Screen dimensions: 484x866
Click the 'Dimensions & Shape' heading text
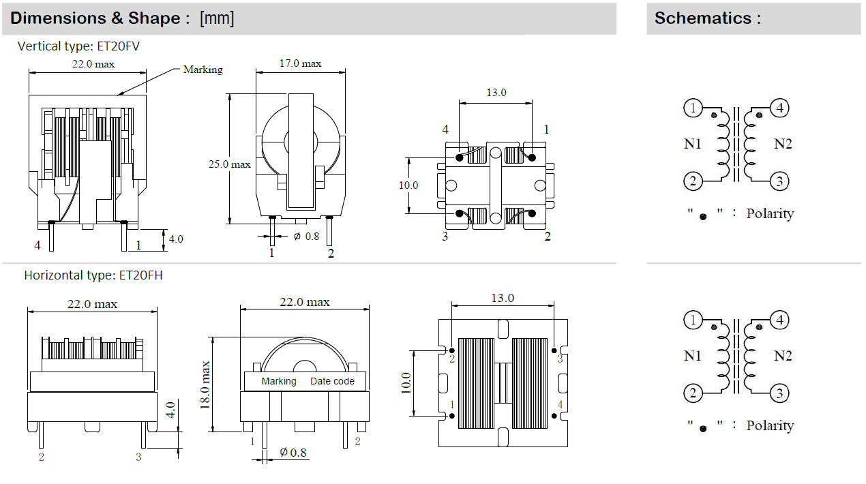(x=95, y=18)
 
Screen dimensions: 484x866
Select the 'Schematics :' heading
(x=707, y=18)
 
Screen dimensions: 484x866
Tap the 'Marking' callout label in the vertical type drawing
(x=203, y=70)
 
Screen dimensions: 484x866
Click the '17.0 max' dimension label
(x=301, y=63)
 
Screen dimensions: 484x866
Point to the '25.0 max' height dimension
(x=230, y=164)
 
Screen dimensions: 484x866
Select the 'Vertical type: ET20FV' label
(x=79, y=46)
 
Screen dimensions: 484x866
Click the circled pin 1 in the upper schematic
(x=693, y=108)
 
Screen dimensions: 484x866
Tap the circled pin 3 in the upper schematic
(x=779, y=181)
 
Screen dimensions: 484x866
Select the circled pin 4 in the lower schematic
(x=779, y=320)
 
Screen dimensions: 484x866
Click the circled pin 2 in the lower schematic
(x=693, y=393)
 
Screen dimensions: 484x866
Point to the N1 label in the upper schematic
(x=693, y=144)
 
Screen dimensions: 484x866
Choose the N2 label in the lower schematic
(x=783, y=356)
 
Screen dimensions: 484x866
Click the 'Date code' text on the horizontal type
(x=333, y=381)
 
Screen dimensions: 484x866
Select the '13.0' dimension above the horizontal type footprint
(x=503, y=298)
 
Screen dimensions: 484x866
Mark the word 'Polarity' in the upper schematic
(x=770, y=213)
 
